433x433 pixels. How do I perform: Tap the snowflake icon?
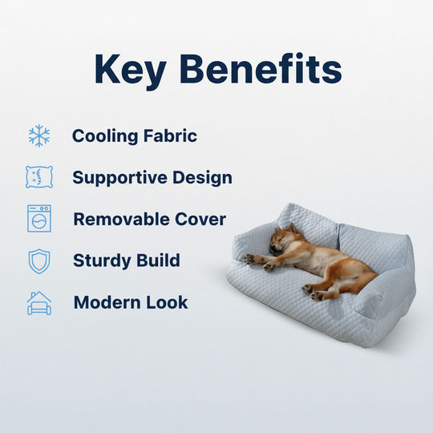pyautogui.click(x=38, y=136)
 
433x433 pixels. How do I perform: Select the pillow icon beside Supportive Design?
pyautogui.click(x=38, y=177)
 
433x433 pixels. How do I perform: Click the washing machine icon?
pyautogui.click(x=38, y=219)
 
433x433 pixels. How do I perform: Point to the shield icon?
pyautogui.click(x=38, y=261)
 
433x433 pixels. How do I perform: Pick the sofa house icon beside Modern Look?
pyautogui.click(x=38, y=302)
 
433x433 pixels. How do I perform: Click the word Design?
pyautogui.click(x=203, y=178)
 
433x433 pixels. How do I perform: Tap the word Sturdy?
pyautogui.click(x=100, y=261)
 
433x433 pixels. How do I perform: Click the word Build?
pyautogui.click(x=157, y=261)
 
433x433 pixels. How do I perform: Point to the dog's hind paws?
pyautogui.click(x=314, y=290)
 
